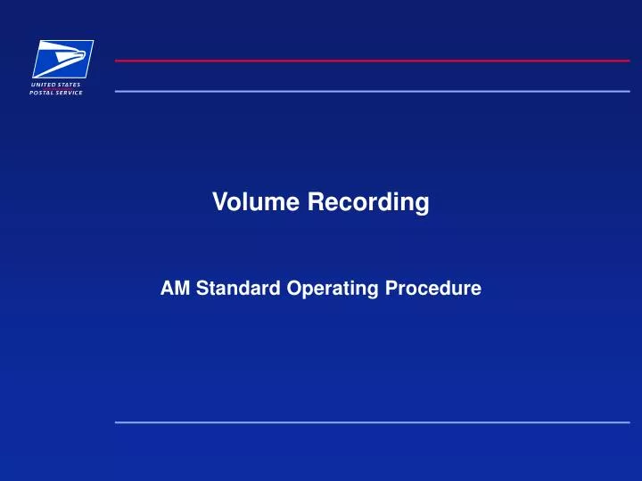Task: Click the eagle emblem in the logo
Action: click(x=62, y=58)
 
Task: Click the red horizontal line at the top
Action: click(x=372, y=61)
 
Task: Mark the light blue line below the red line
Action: click(x=372, y=91)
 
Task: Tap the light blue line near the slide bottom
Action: click(x=372, y=422)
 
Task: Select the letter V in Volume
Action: click(x=219, y=203)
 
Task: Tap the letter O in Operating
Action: click(x=292, y=289)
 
